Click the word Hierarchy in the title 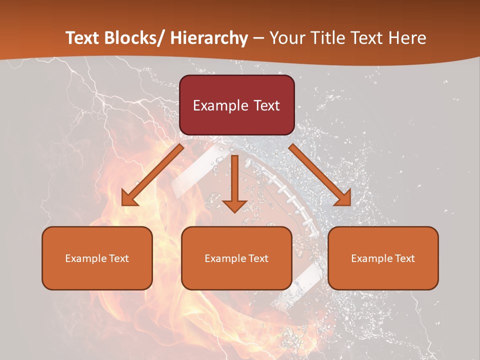(209, 38)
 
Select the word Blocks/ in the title (136, 38)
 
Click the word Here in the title (408, 38)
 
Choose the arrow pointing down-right (320, 175)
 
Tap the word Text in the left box (118, 258)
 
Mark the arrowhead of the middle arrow (234, 205)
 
